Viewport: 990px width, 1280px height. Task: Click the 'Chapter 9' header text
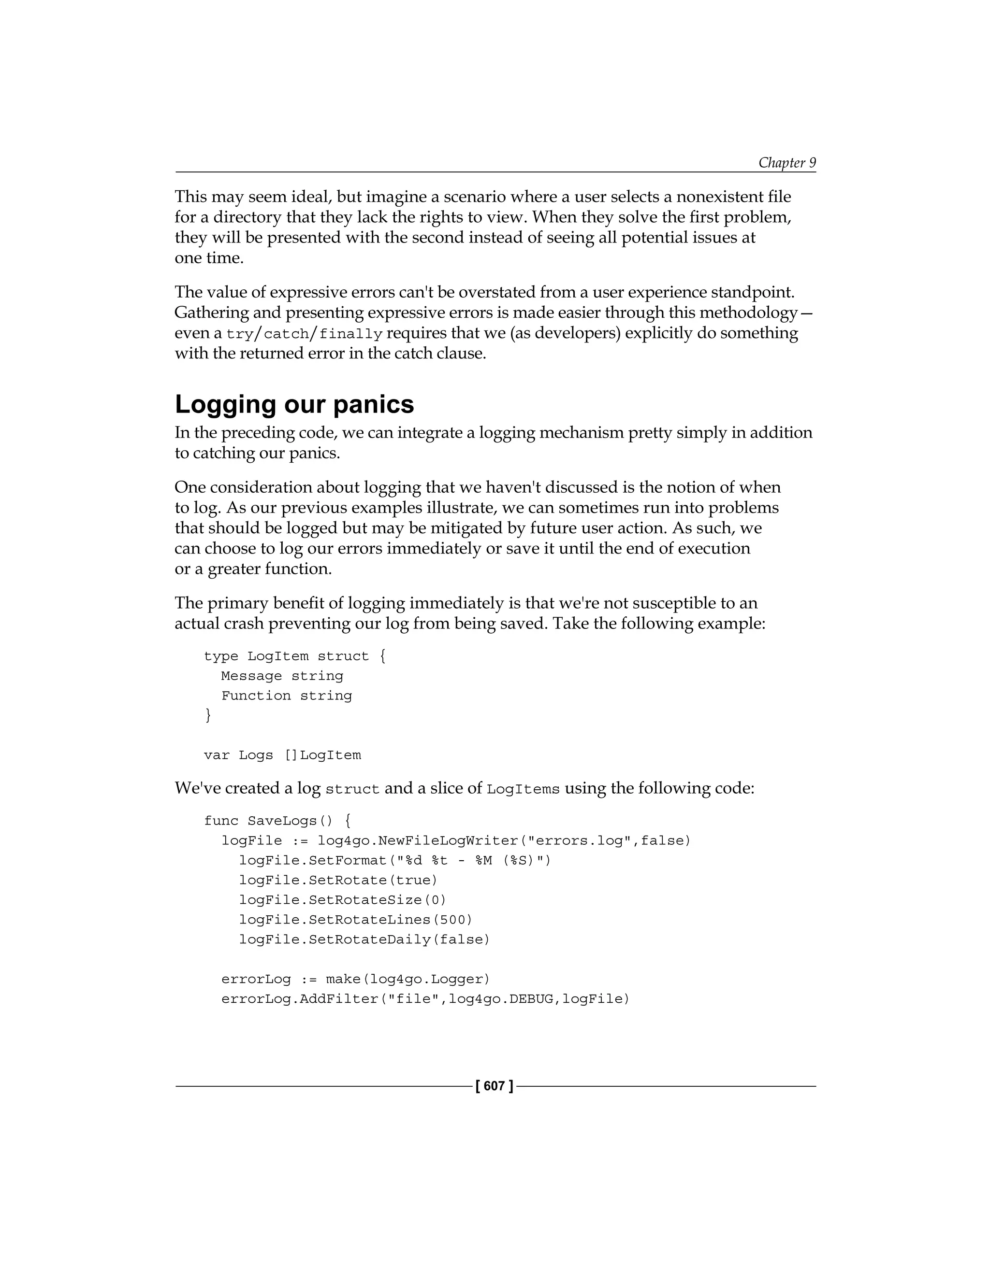tap(786, 162)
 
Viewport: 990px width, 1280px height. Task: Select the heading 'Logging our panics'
tap(294, 404)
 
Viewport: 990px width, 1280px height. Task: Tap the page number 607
tap(495, 1086)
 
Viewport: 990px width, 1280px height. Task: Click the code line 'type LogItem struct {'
tap(294, 656)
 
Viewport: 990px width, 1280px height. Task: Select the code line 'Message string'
tap(282, 676)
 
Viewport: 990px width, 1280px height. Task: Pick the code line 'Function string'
tap(286, 696)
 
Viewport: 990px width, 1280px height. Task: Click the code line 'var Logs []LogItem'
tap(282, 755)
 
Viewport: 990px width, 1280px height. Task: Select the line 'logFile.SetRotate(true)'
tap(338, 880)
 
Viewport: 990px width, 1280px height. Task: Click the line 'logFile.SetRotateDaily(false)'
tap(364, 939)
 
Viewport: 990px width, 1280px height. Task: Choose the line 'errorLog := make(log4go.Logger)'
tap(355, 979)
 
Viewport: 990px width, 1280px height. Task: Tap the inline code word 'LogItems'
tap(523, 789)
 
